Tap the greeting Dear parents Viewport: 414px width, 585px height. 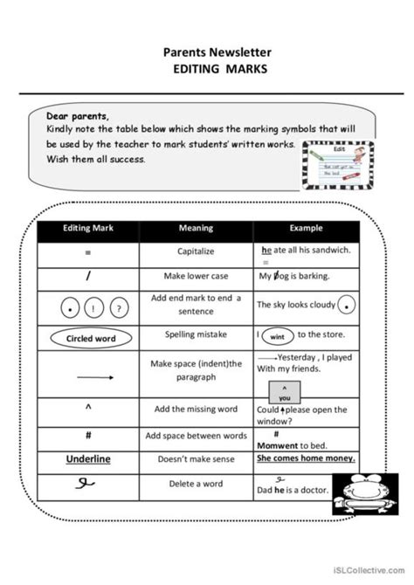point(79,116)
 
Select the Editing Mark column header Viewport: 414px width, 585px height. point(88,229)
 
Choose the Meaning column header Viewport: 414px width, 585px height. point(196,229)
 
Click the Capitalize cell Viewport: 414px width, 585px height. point(196,252)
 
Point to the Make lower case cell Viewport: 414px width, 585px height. point(196,276)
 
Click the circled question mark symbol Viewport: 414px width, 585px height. point(121,307)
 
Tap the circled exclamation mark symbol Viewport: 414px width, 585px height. point(92,307)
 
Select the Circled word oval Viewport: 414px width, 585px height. point(89,338)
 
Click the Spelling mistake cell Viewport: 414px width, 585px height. point(196,334)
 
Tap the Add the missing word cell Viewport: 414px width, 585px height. point(196,409)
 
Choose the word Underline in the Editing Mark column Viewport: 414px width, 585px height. point(89,458)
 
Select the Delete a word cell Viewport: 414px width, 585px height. point(196,484)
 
